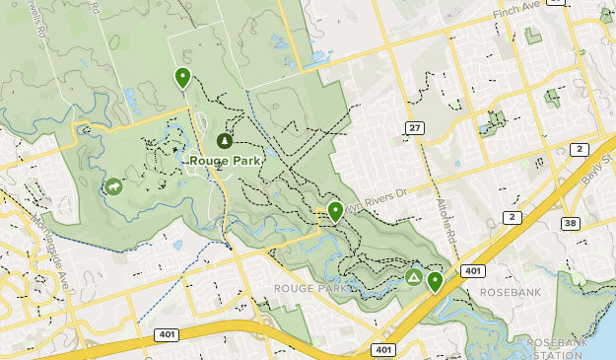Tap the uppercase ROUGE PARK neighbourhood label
pyautogui.click(x=309, y=289)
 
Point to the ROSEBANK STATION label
pyautogui.click(x=558, y=346)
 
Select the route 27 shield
pyautogui.click(x=413, y=128)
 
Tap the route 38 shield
pyautogui.click(x=571, y=224)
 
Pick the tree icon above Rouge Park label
pyautogui.click(x=225, y=142)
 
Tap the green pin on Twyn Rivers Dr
pyautogui.click(x=335, y=210)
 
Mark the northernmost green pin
pyautogui.click(x=182, y=76)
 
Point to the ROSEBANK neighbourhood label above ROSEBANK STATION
pyautogui.click(x=509, y=293)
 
